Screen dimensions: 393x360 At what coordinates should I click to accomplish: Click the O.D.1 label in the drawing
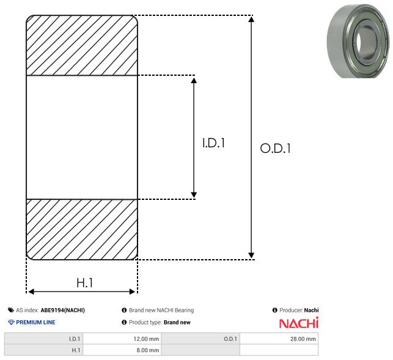275,148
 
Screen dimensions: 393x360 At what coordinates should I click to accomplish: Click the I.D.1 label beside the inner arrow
213,143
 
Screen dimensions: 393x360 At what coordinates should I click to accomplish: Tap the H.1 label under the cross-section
85,283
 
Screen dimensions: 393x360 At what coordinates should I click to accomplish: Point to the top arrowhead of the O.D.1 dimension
251,20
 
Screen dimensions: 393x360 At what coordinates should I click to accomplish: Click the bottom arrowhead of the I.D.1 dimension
194,195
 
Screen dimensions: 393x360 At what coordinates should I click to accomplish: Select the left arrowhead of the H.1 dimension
31,292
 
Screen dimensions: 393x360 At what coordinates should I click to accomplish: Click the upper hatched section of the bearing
82,45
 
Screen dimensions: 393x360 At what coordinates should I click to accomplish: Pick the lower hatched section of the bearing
82,229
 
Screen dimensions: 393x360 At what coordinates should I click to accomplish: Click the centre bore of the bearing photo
359,40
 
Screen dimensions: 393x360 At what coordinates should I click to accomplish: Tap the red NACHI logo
299,323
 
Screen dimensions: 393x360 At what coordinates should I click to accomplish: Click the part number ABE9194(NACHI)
63,310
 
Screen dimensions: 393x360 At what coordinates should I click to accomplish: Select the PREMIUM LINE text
35,322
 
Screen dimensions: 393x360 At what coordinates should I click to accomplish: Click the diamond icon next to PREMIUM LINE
11,322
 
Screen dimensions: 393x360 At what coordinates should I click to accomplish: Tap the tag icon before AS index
11,310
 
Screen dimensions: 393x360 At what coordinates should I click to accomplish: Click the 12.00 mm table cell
122,339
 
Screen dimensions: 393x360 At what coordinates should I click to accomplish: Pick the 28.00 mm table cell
279,339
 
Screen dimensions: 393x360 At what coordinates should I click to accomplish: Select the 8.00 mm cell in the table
122,350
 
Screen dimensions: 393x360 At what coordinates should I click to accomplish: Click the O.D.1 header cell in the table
200,339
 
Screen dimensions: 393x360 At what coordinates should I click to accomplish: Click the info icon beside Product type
124,322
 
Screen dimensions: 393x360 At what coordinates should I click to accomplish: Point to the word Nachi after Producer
311,310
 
